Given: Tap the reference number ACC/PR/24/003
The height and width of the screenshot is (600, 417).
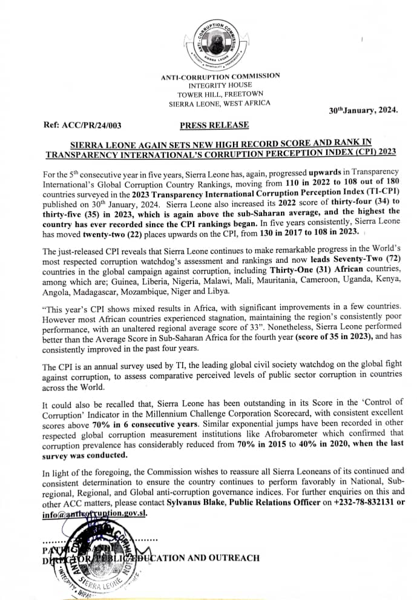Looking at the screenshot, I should click(x=83, y=125).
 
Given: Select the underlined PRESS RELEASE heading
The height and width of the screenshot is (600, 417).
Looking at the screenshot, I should click(x=214, y=125).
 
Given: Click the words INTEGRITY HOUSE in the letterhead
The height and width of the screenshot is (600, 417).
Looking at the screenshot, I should click(x=220, y=85).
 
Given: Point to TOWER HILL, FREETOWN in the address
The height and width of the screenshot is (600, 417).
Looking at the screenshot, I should click(x=220, y=94).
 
